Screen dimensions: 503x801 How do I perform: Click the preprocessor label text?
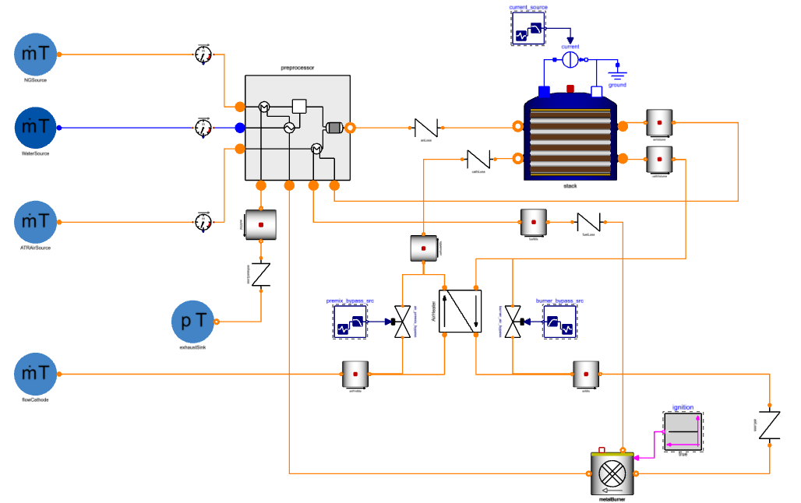[297, 69]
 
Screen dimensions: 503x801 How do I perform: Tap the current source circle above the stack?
[570, 59]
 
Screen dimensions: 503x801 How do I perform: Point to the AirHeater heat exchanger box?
[460, 311]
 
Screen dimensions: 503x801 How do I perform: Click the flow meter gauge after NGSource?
[203, 55]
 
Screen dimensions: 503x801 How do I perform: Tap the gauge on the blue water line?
[203, 128]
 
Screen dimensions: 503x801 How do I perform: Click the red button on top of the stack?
[570, 88]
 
